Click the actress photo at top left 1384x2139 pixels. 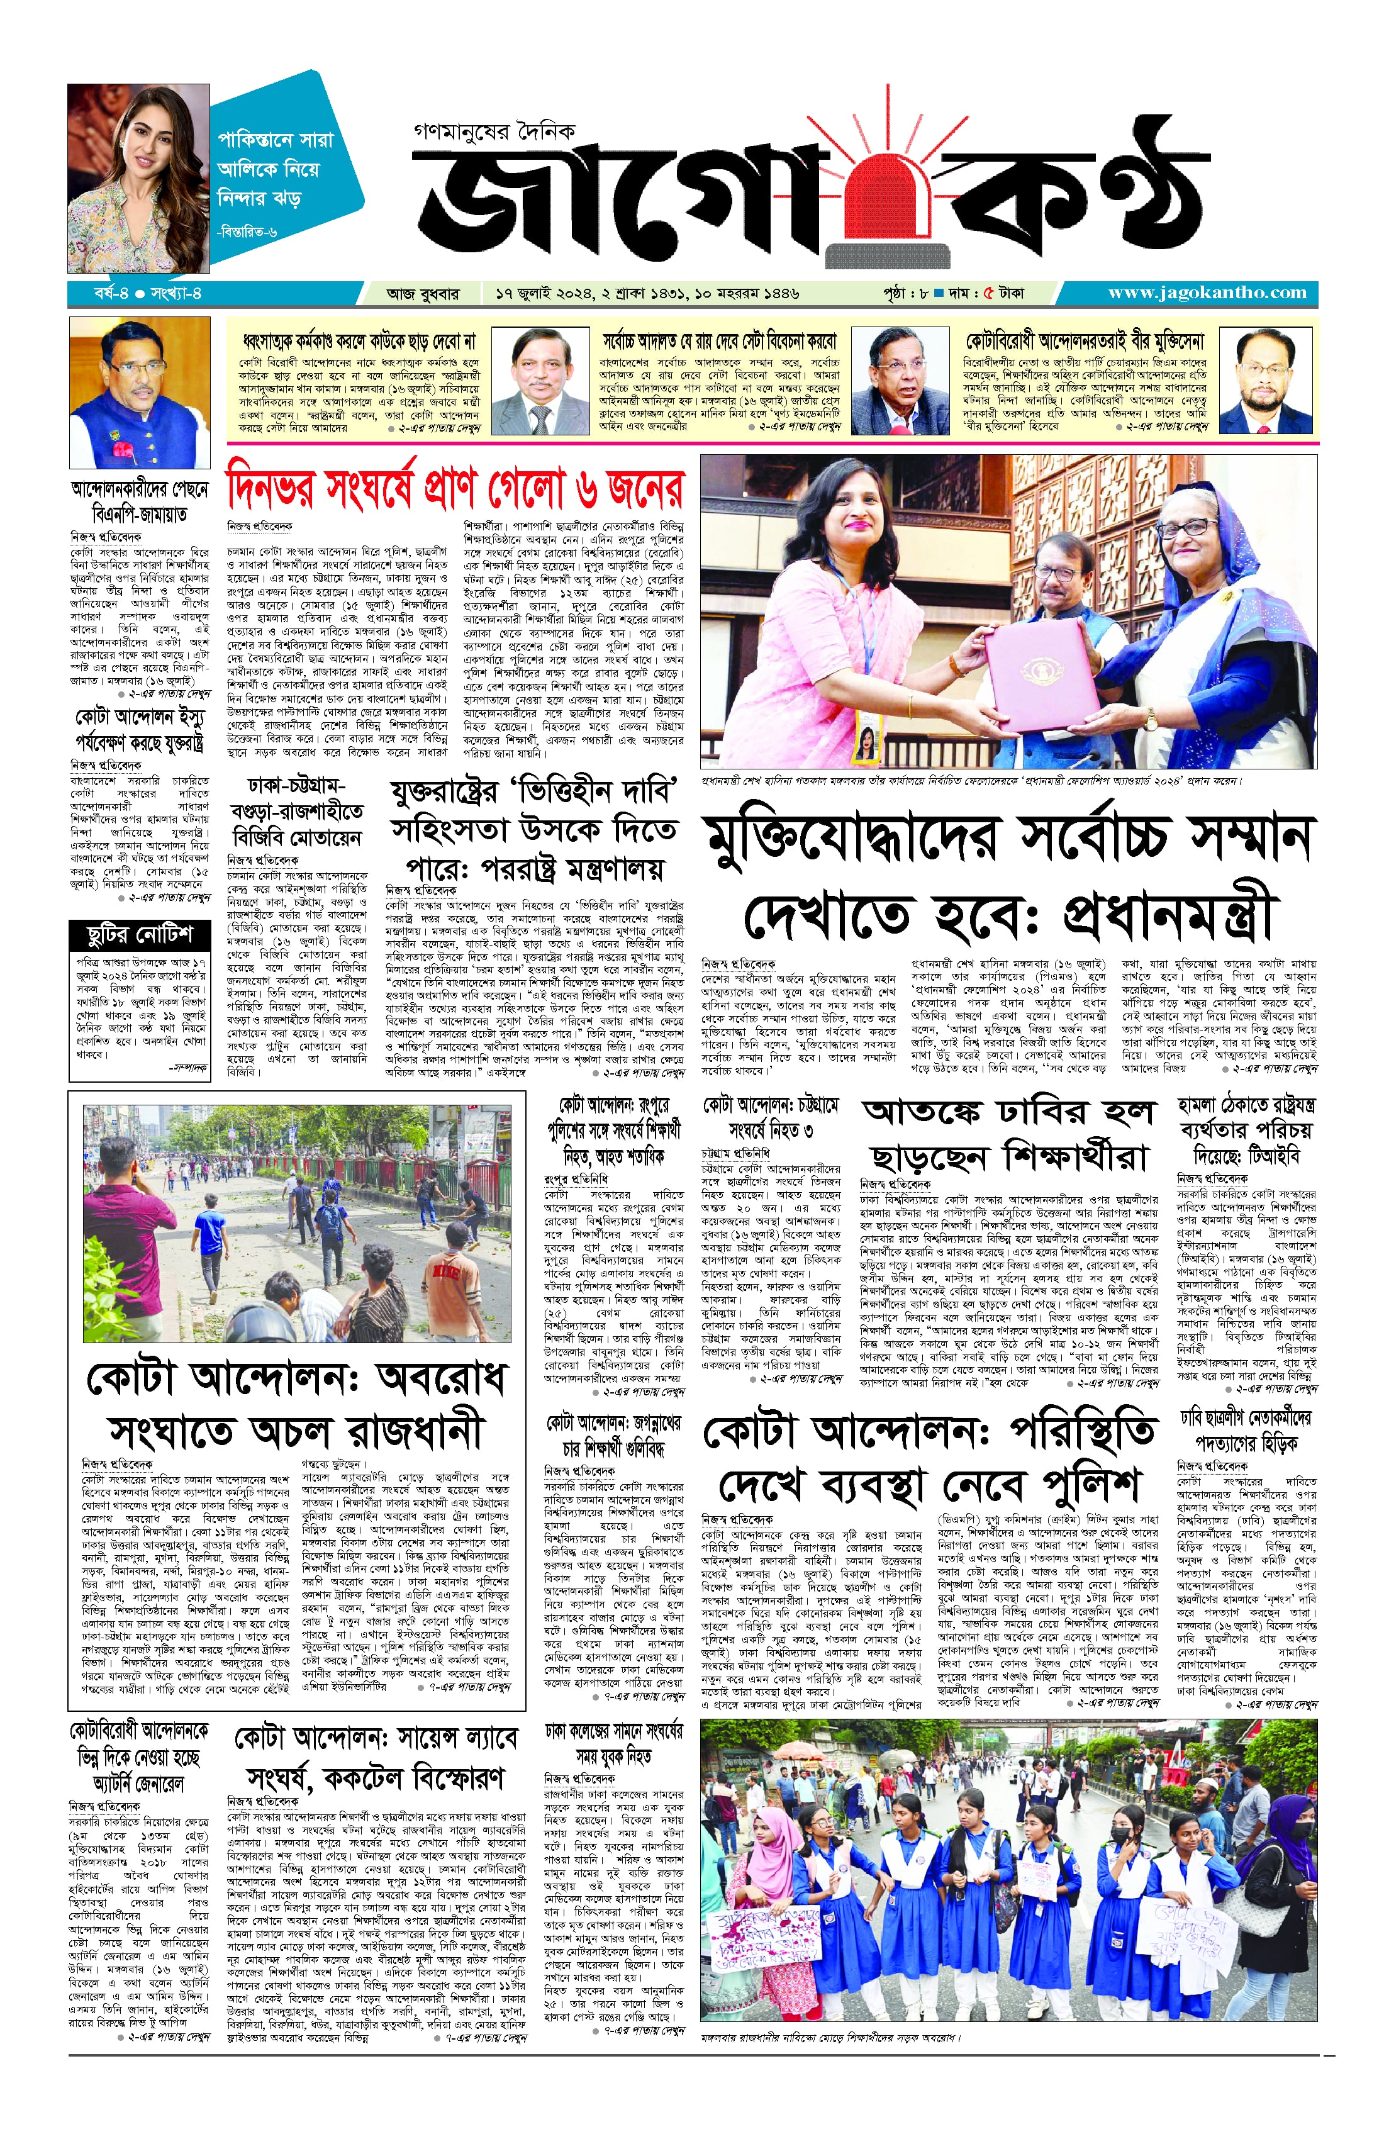[x=138, y=178]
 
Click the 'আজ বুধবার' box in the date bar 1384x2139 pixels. [x=422, y=293]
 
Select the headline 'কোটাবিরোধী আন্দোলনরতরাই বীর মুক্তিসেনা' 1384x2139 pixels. [x=1084, y=342]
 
